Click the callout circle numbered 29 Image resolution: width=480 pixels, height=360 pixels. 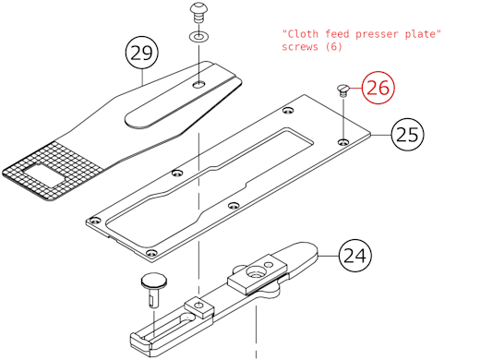(140, 54)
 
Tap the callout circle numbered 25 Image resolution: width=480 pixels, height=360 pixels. (406, 135)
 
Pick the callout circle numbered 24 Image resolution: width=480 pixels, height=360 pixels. (354, 255)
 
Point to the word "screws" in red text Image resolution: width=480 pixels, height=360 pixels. (301, 47)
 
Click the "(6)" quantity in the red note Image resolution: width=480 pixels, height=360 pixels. (334, 47)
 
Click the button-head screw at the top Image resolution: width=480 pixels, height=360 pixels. (199, 13)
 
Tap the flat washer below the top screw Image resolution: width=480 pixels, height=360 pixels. (199, 38)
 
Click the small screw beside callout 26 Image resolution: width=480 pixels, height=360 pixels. (343, 90)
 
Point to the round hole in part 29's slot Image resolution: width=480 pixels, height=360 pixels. (199, 84)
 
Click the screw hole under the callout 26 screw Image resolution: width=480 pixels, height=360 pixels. (343, 141)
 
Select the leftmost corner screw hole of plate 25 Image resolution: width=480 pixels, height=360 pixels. (94, 221)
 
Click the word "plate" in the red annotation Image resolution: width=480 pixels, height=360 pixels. (424, 34)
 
